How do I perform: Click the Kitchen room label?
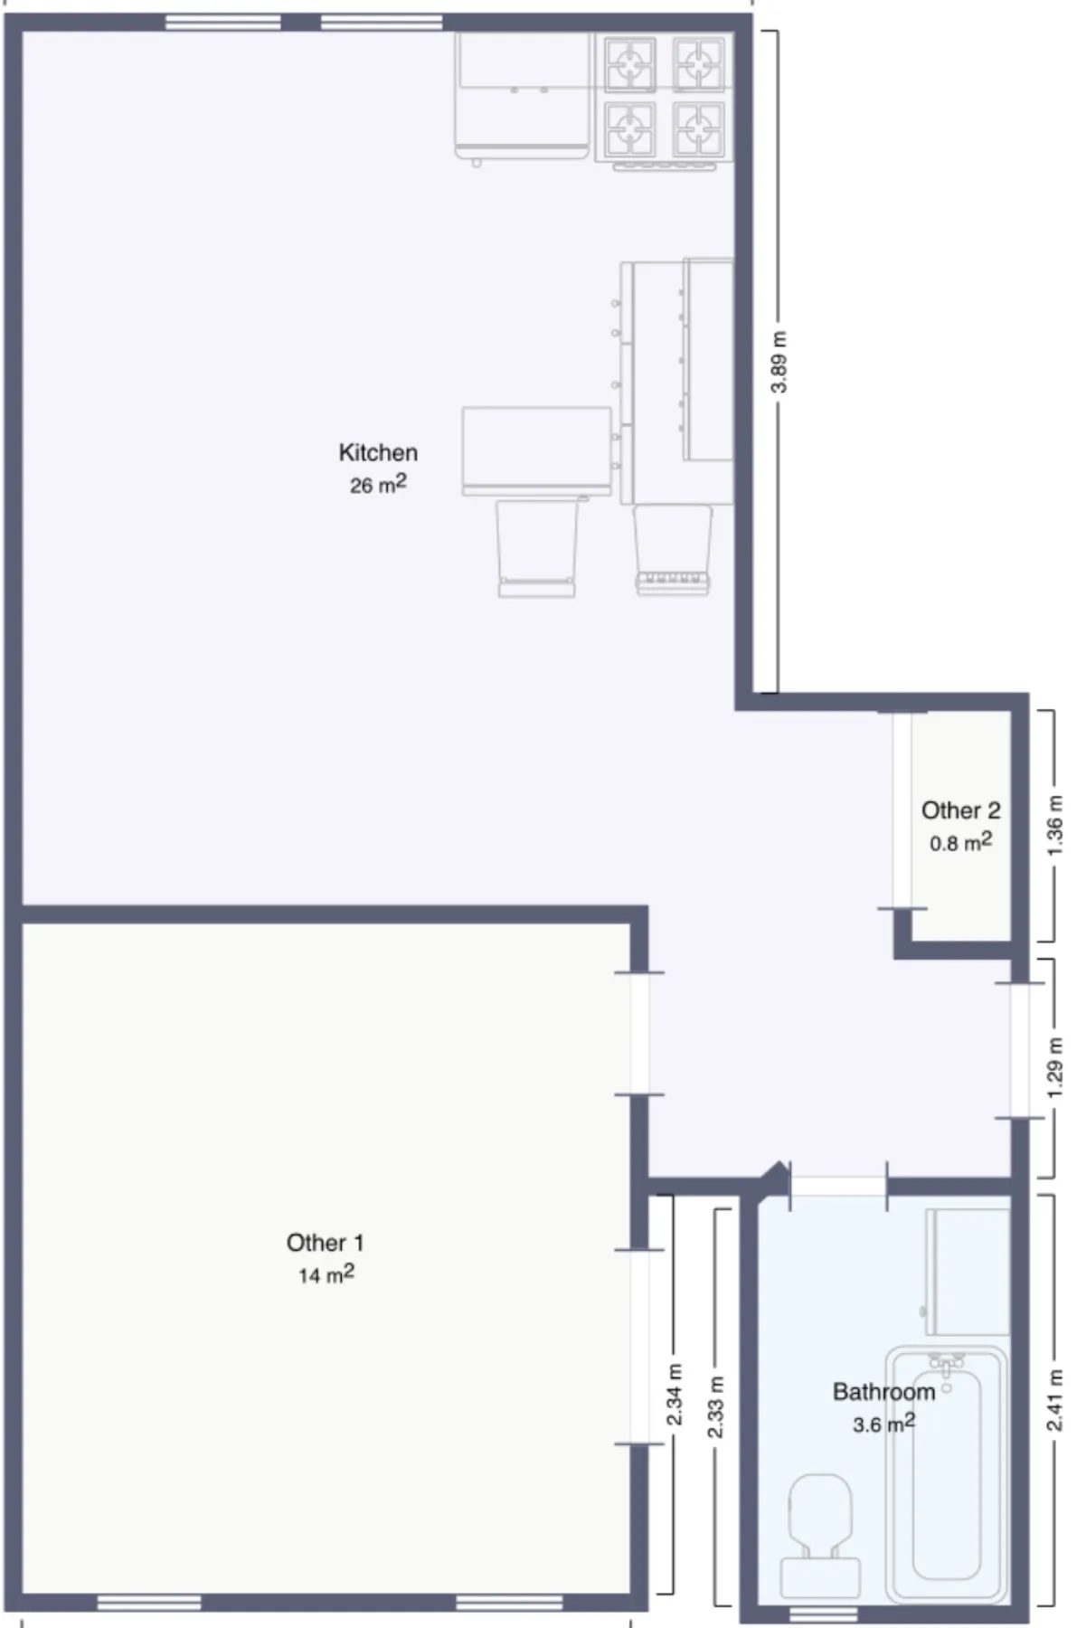pos(378,452)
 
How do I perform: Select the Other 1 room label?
pos(325,1243)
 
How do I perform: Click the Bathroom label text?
pos(883,1392)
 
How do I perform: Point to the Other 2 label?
pos(960,810)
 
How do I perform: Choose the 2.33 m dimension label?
pos(715,1407)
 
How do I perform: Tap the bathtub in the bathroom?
pos(946,1483)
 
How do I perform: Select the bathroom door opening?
pos(838,1186)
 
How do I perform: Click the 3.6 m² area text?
pos(883,1424)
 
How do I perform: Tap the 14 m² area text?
pos(325,1275)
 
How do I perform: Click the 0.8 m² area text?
pos(960,843)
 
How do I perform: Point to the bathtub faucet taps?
pos(946,1361)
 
